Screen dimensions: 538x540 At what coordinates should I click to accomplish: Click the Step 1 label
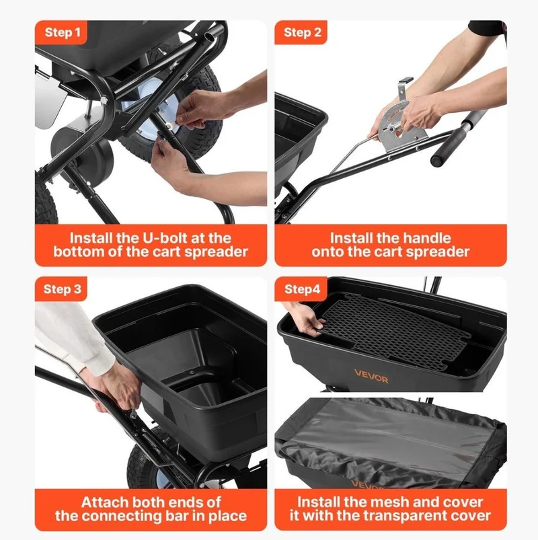(63, 32)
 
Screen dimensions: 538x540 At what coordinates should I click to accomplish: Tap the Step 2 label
(303, 32)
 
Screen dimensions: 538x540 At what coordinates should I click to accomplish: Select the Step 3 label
(63, 289)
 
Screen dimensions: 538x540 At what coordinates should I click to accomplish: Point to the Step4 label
(303, 289)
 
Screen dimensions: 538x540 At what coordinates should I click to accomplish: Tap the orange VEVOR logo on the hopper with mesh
(371, 376)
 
